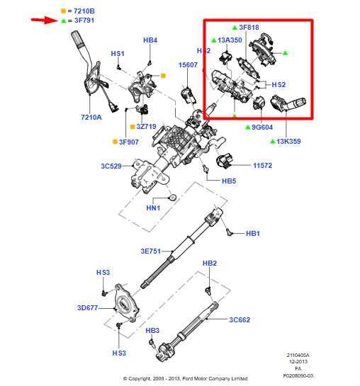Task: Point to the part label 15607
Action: point(188,64)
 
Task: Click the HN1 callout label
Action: point(154,208)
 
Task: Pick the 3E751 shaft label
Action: point(152,251)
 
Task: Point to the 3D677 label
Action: point(89,308)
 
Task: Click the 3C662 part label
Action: point(241,319)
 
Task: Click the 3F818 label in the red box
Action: point(250,28)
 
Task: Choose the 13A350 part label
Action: point(230,41)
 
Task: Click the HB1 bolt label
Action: point(253,233)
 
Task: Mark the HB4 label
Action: point(150,40)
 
